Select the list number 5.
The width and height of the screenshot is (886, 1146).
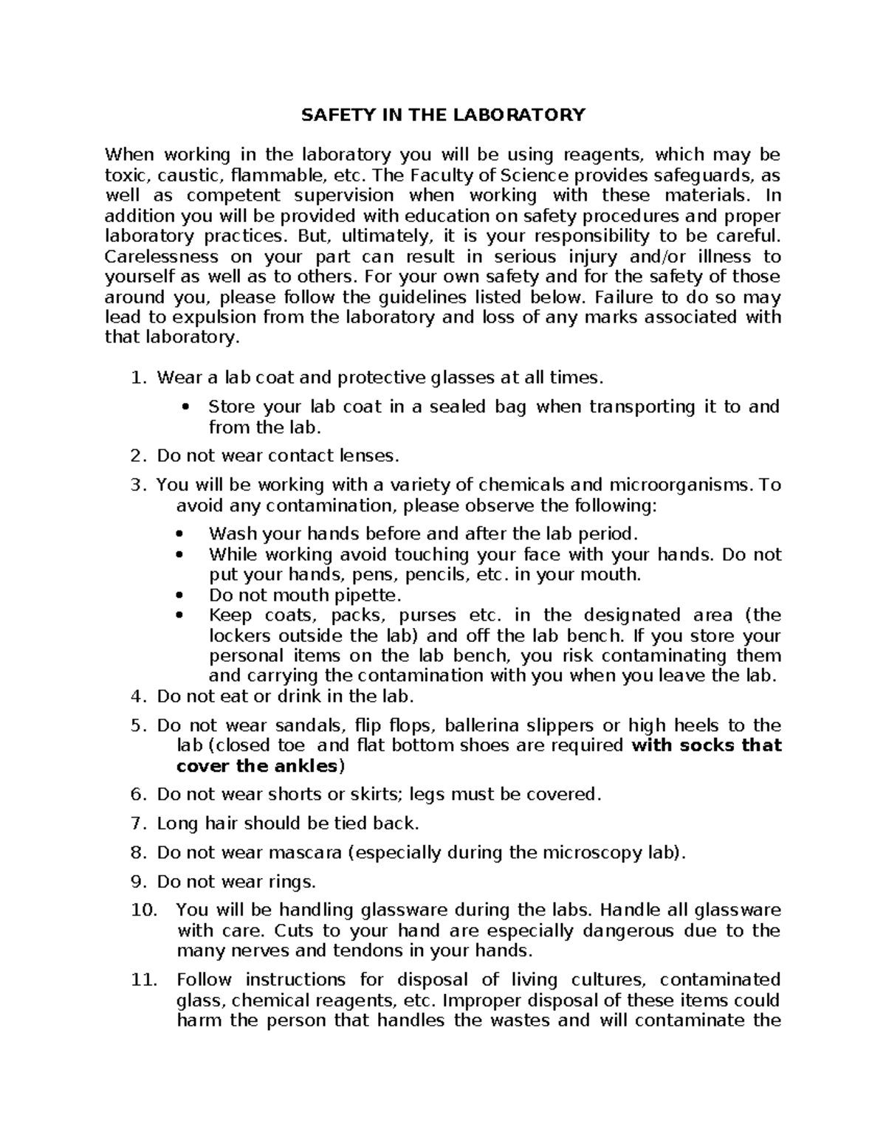137,725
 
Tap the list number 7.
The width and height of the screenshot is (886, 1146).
137,824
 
